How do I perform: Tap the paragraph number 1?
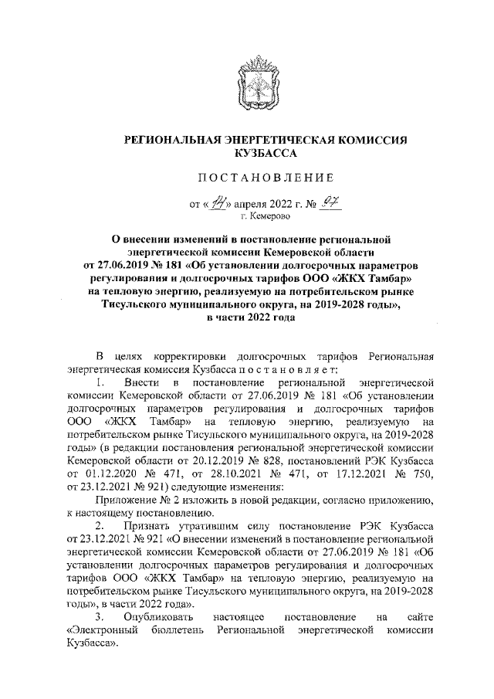(x=99, y=382)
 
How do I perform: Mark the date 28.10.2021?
(x=233, y=474)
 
